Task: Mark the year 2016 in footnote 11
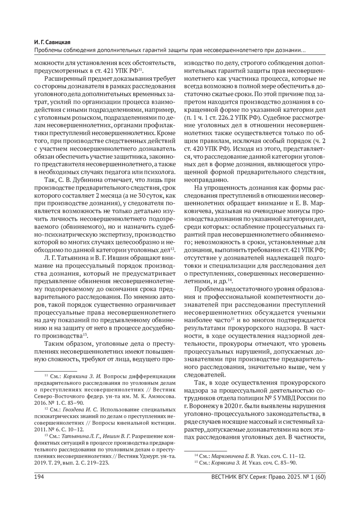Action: [40, 403]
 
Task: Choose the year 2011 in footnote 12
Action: [40, 430]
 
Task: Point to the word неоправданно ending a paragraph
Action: [206, 180]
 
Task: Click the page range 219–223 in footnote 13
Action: [99, 463]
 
